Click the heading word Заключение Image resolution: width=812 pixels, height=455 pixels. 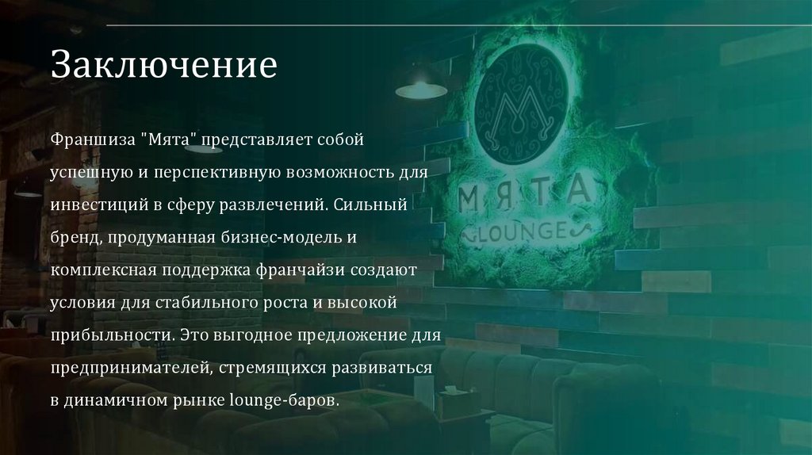tap(164, 64)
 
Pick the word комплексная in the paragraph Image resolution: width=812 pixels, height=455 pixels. tap(103, 270)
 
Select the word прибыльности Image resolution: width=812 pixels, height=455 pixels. tap(109, 335)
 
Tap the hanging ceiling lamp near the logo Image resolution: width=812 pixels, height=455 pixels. tap(421, 89)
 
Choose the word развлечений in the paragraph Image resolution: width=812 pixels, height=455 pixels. tap(279, 205)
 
